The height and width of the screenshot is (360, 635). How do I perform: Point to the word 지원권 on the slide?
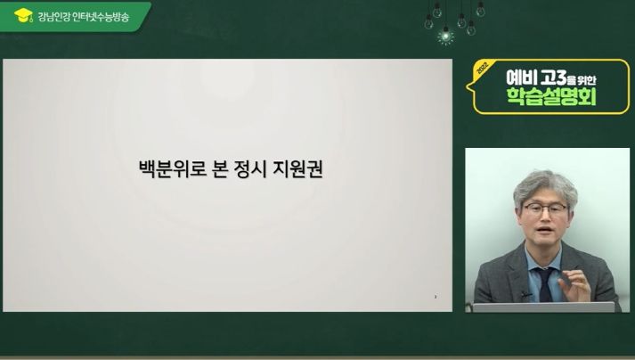[297, 169]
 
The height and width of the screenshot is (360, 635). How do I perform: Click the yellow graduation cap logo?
[23, 15]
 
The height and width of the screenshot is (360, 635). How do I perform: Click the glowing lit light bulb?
[446, 36]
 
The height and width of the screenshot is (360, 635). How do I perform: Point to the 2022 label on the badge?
[483, 68]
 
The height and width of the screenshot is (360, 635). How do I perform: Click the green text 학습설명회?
[551, 96]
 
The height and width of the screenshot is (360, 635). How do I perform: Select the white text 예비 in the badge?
[521, 78]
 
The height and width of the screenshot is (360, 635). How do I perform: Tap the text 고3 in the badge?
[552, 78]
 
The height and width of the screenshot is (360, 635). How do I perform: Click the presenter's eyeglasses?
[545, 209]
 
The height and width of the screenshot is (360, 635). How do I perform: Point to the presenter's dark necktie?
[545, 284]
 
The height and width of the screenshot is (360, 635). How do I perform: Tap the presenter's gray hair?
[545, 186]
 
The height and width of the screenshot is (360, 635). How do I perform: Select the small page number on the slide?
[436, 297]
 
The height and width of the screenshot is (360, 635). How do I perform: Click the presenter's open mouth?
[545, 230]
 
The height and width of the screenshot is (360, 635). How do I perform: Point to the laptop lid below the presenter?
[543, 307]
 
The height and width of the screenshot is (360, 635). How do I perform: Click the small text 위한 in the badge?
[587, 80]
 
